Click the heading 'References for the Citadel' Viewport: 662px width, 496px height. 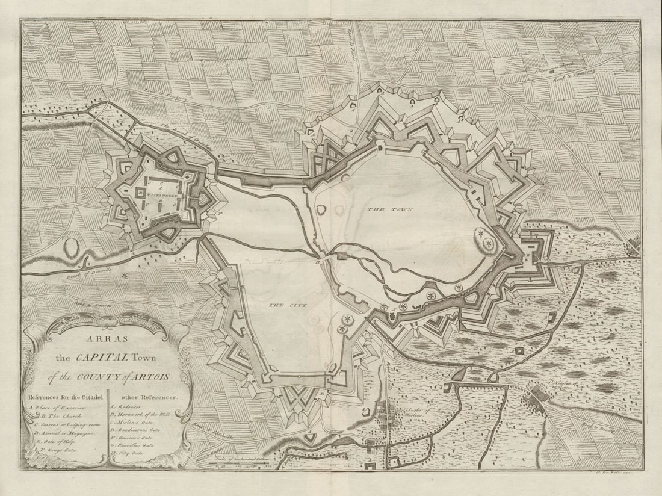point(64,397)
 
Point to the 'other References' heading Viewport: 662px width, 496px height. point(149,397)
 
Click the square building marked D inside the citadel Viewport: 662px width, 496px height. point(140,192)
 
